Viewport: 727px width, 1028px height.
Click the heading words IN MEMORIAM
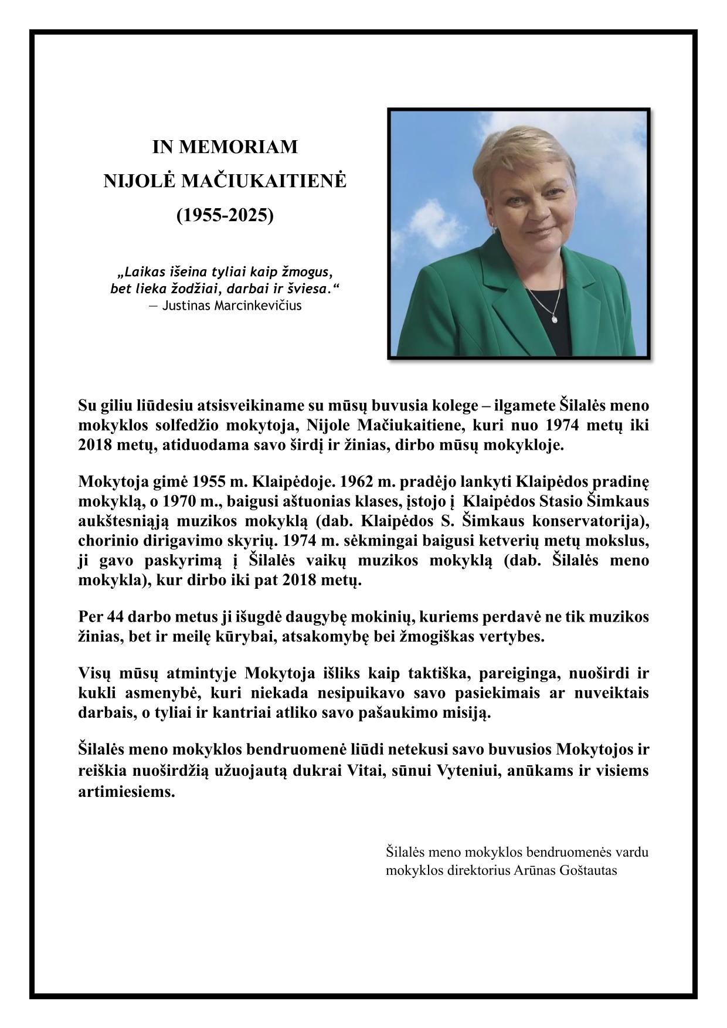225,147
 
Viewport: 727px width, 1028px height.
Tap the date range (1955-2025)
225,215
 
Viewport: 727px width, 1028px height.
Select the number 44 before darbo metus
115,617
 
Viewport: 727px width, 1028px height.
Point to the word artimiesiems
127,791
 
